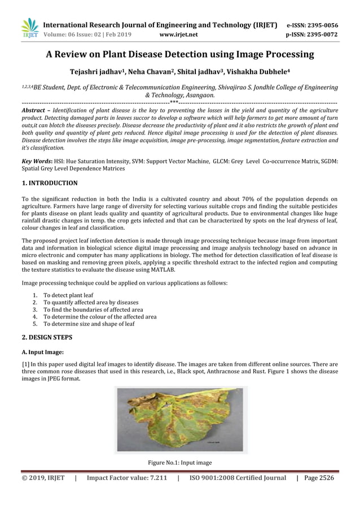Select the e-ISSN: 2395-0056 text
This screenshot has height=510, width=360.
point(312,25)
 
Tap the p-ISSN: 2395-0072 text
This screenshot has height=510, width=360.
point(312,34)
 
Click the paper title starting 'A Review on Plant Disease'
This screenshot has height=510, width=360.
point(179,55)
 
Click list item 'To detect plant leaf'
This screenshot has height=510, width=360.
point(68,295)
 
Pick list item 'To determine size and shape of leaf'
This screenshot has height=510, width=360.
point(89,324)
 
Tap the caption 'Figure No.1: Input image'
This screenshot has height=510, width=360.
point(179,463)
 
